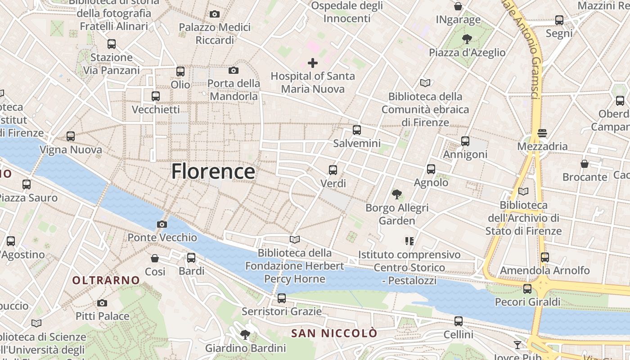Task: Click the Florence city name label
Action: (213, 171)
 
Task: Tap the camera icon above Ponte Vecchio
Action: (162, 224)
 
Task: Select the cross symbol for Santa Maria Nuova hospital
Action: (312, 63)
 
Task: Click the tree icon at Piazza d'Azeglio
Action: (467, 39)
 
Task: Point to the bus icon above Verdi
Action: (333, 170)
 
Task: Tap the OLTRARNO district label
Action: (106, 280)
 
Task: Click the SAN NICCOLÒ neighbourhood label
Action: (334, 333)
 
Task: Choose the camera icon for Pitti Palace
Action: (102, 303)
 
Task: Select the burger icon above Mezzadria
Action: (542, 133)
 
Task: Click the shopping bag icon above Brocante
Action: (585, 164)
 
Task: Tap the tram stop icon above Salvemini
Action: (357, 130)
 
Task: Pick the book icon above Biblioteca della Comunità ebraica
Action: (425, 83)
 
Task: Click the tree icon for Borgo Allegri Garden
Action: (396, 194)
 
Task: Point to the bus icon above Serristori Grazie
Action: (282, 298)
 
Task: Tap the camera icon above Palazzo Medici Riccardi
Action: (215, 14)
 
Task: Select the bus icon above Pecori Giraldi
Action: (527, 288)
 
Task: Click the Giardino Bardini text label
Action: (245, 348)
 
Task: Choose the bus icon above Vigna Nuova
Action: (71, 136)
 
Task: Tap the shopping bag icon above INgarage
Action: (458, 6)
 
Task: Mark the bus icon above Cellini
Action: (459, 321)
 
